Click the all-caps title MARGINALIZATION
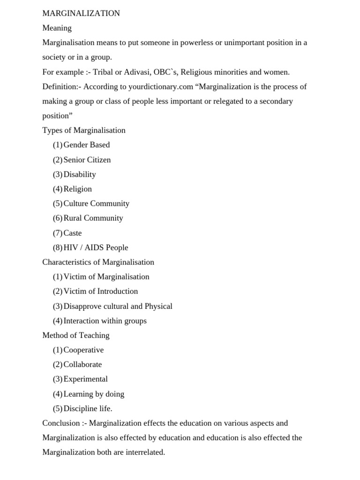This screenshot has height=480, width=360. click(81, 13)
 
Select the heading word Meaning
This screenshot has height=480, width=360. click(57, 28)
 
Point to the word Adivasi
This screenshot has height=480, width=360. click(136, 72)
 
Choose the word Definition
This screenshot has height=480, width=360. click(60, 87)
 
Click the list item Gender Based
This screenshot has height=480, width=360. click(87, 145)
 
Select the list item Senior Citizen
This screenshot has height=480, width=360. click(87, 160)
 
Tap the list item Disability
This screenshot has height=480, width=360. click(80, 174)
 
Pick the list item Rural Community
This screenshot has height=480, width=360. click(93, 218)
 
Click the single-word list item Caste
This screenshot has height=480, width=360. click(73, 233)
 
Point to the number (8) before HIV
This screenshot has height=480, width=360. click(58, 247)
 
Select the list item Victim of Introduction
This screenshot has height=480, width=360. click(101, 291)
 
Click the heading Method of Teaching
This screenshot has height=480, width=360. click(76, 335)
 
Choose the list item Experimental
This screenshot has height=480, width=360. click(86, 379)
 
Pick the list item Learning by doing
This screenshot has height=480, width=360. click(94, 394)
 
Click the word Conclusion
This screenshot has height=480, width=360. click(61, 423)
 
